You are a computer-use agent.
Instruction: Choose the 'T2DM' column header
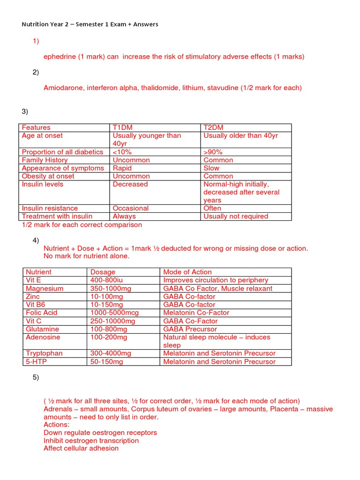click(213, 127)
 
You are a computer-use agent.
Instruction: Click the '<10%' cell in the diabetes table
click(122, 152)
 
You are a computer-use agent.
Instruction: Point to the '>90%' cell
click(213, 152)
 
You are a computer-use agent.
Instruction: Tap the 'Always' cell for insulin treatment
click(124, 216)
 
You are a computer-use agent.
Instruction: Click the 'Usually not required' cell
click(236, 216)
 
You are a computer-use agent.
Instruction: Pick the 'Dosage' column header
click(103, 272)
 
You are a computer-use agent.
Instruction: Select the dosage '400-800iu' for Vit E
click(107, 280)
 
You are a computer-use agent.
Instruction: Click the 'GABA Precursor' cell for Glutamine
click(190, 329)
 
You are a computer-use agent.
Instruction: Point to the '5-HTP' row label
click(36, 361)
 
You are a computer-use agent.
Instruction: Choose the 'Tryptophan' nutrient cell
click(44, 353)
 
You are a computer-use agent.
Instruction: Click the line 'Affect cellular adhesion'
click(81, 448)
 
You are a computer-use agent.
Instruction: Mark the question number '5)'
click(36, 378)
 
